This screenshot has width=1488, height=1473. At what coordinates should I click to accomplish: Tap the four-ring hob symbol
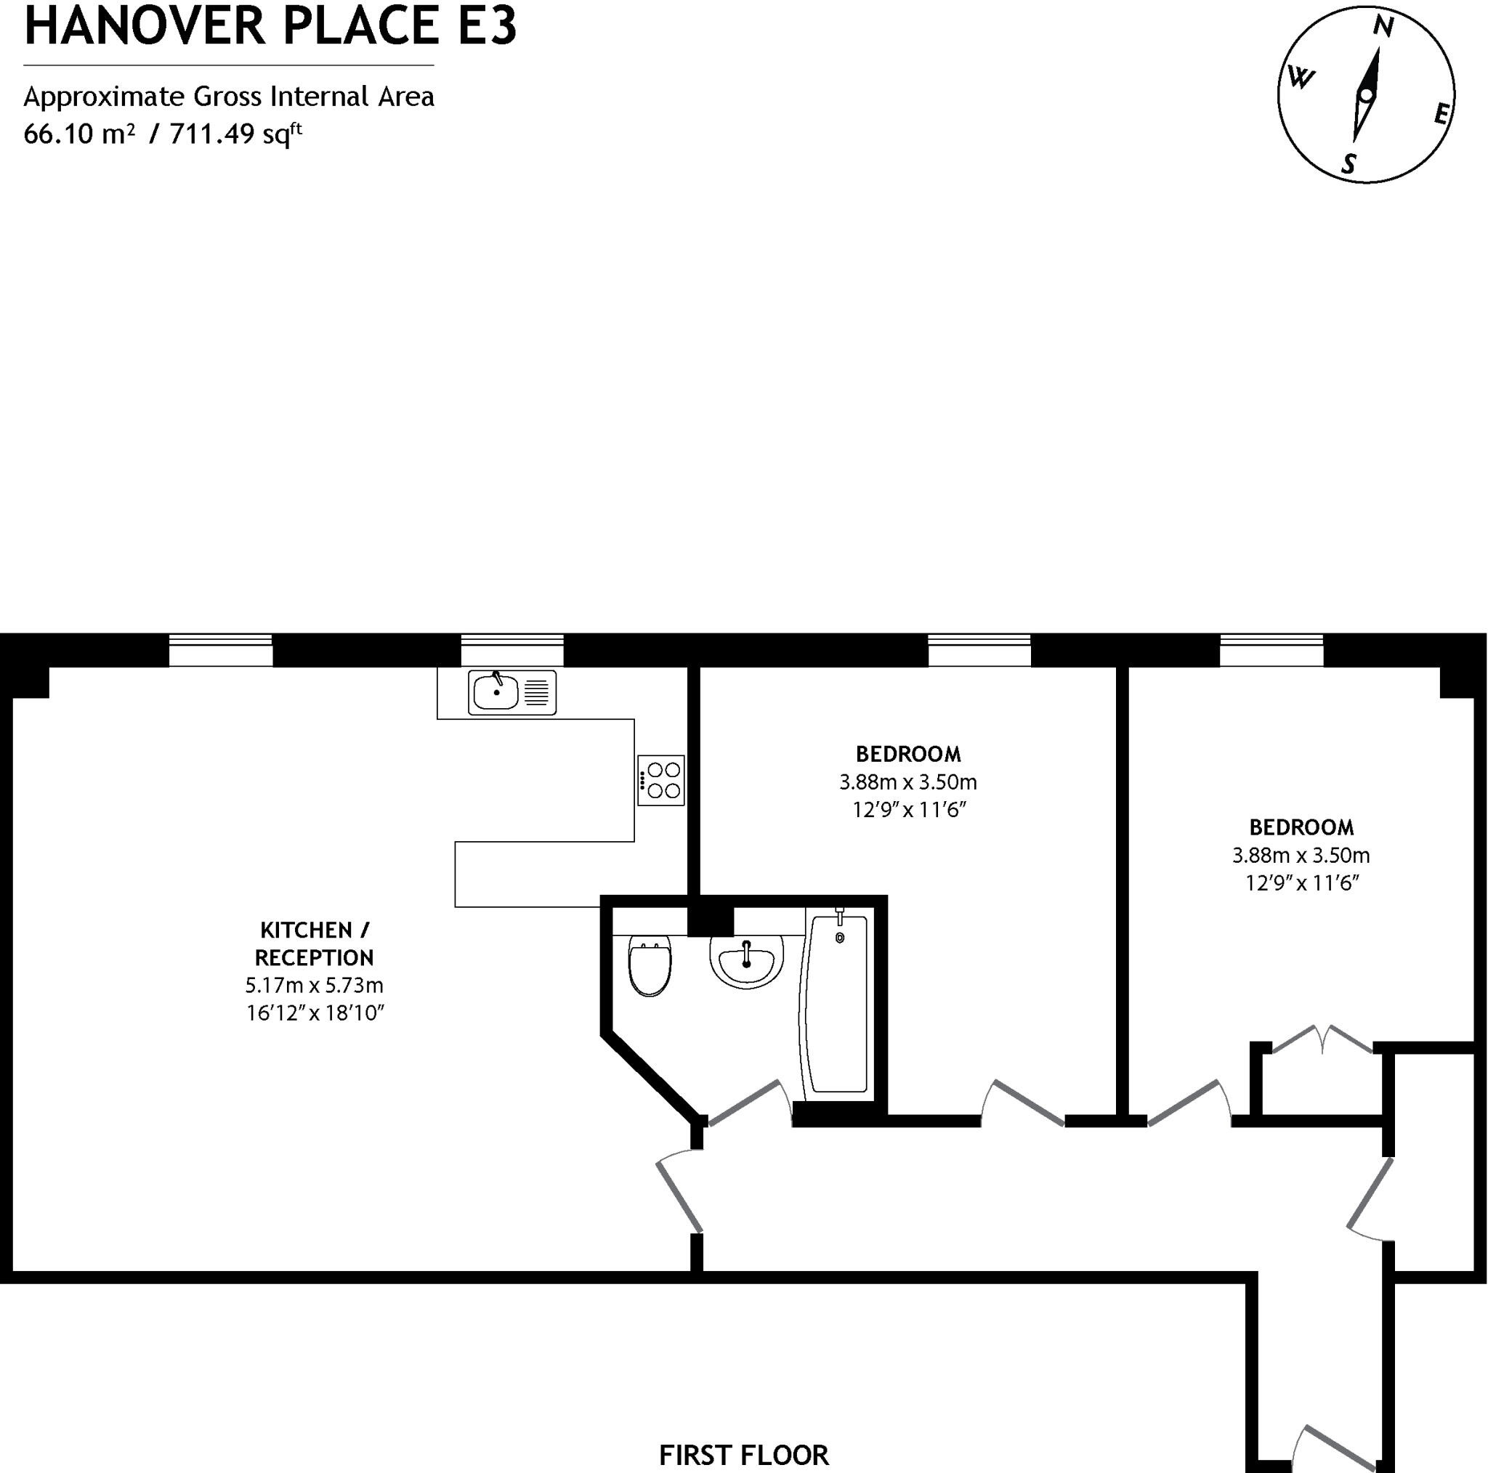(x=661, y=780)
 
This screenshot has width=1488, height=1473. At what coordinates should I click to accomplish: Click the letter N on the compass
(x=1383, y=28)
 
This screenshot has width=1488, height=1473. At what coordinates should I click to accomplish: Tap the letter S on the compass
(x=1348, y=163)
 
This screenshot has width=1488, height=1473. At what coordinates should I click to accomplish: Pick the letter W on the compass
(x=1301, y=78)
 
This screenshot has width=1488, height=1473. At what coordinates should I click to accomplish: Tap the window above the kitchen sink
(x=512, y=651)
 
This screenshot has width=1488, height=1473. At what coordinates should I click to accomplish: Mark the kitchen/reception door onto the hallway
(x=679, y=1193)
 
